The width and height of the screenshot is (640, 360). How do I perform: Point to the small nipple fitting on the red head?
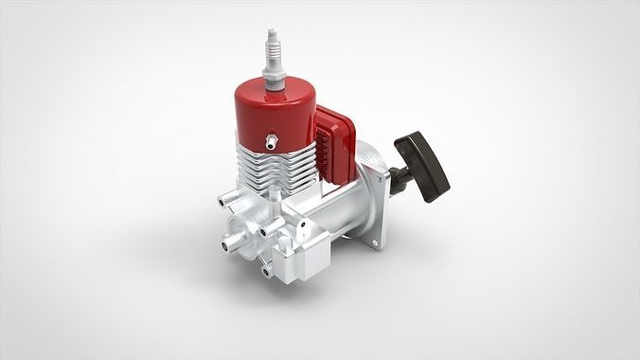click(271, 142)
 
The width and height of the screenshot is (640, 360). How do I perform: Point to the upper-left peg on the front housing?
click(224, 200)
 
